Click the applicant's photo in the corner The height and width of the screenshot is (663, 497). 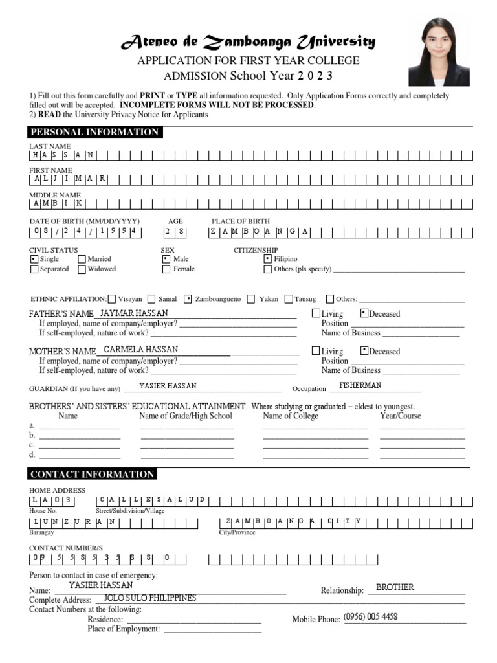pyautogui.click(x=439, y=52)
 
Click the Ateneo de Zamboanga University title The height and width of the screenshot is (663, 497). pyautogui.click(x=248, y=43)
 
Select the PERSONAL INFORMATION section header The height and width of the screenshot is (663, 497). pyautogui.click(x=94, y=132)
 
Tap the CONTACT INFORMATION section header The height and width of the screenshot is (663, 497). pyautogui.click(x=93, y=474)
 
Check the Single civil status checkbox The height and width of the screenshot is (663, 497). pyautogui.click(x=34, y=259)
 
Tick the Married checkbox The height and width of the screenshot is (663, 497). pyautogui.click(x=82, y=259)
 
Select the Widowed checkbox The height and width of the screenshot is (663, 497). pyautogui.click(x=82, y=269)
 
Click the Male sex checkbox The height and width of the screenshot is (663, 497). pyautogui.click(x=166, y=259)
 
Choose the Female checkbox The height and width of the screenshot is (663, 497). pyautogui.click(x=166, y=269)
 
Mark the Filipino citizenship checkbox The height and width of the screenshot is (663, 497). pyautogui.click(x=268, y=259)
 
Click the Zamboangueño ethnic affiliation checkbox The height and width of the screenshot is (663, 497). pyautogui.click(x=188, y=299)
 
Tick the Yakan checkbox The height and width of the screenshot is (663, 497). pyautogui.click(x=252, y=299)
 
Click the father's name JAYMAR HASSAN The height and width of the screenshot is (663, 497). pyautogui.click(x=135, y=313)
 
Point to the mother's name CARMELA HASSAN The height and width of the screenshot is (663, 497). pyautogui.click(x=140, y=350)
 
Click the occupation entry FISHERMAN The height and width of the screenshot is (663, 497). pyautogui.click(x=360, y=385)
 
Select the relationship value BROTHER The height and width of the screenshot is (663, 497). pyautogui.click(x=395, y=587)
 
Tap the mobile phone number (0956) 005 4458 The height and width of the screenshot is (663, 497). pyautogui.click(x=371, y=617)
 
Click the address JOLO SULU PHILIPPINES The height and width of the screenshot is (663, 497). pyautogui.click(x=150, y=598)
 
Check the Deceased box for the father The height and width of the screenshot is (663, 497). pyautogui.click(x=364, y=313)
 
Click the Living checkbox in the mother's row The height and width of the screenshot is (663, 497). pyautogui.click(x=316, y=351)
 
